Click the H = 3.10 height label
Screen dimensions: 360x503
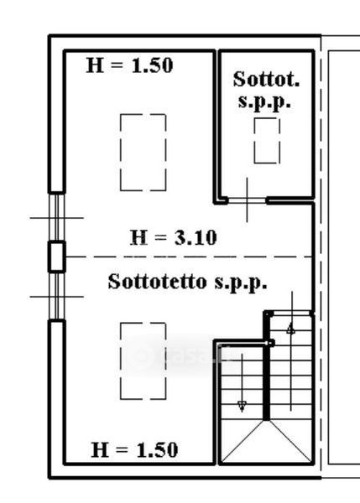(174, 238)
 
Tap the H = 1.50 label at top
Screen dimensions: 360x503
(130, 65)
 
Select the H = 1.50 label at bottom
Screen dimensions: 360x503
(134, 449)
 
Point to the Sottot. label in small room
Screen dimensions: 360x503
(266, 79)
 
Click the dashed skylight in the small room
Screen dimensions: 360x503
(267, 141)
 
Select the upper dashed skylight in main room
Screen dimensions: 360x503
(143, 153)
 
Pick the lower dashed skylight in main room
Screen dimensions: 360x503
(143, 361)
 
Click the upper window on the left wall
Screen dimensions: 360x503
(57, 217)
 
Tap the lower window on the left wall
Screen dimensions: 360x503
(57, 296)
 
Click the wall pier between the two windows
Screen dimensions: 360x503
(57, 257)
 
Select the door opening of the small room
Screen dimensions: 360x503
(247, 201)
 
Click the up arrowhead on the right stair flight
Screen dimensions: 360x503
(290, 329)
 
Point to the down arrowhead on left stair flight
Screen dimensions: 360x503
(242, 406)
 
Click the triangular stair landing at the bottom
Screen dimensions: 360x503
(266, 442)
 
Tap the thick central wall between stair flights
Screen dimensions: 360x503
(266, 381)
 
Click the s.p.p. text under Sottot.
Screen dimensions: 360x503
(264, 101)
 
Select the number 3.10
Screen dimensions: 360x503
(196, 238)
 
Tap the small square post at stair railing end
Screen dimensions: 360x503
(270, 343)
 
